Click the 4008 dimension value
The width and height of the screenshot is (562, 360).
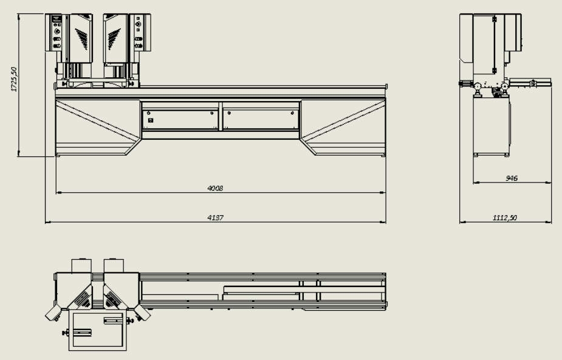215,189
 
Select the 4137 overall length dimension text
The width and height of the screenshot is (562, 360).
215,218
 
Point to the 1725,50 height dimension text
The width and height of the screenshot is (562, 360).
14,79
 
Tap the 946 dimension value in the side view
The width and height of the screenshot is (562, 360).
512,178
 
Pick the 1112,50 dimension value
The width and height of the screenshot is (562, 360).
505,218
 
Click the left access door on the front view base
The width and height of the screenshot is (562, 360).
180,120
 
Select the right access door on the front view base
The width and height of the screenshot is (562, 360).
261,120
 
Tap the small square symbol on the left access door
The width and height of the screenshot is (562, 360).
151,120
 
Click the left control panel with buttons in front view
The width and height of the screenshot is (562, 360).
57,33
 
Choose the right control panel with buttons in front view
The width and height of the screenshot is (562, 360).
139,33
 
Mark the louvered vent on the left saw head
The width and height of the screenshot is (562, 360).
82,39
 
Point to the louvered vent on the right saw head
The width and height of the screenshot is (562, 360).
114,39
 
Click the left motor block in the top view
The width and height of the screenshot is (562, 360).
82,266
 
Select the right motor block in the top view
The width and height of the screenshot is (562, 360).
114,266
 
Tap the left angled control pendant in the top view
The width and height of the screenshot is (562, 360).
53,313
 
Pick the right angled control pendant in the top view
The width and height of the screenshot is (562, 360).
142,313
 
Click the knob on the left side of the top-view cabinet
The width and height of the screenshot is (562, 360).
65,333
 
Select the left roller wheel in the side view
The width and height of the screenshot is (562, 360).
478,86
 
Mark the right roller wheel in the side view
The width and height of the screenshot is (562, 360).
505,86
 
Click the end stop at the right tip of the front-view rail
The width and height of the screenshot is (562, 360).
386,87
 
